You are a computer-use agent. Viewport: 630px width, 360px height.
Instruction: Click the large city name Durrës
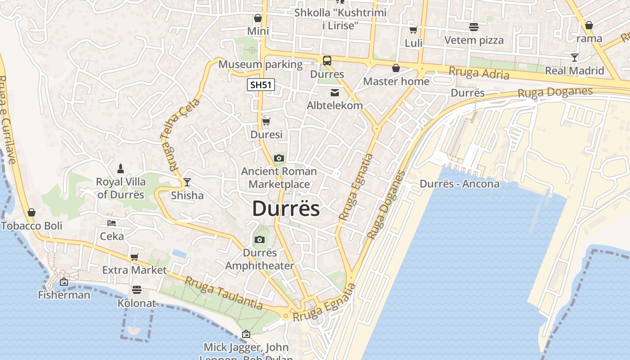(286, 209)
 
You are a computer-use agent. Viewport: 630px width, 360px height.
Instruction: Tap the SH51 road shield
(261, 85)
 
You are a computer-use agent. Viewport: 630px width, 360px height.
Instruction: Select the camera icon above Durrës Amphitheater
(259, 239)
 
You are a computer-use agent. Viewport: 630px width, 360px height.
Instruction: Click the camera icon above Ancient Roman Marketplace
(279, 158)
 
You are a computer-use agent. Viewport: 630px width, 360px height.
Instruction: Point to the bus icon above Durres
(327, 60)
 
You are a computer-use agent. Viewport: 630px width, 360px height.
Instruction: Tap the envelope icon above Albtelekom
(335, 93)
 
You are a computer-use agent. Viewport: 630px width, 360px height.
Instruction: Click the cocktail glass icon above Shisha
(187, 182)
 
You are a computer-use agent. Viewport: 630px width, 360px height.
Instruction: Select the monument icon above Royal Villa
(121, 169)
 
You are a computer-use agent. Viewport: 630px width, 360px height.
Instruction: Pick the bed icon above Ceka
(112, 223)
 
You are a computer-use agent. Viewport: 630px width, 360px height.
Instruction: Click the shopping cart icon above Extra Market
(134, 257)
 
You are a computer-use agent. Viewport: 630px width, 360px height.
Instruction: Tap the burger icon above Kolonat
(137, 290)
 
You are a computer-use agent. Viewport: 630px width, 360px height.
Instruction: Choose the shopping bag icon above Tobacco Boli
(31, 212)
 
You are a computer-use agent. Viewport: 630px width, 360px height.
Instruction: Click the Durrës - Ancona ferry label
(459, 184)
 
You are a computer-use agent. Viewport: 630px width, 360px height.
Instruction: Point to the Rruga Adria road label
(479, 73)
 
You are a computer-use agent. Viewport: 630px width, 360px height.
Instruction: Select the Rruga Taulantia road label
(224, 293)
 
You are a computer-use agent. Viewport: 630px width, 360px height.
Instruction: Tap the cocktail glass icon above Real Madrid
(575, 57)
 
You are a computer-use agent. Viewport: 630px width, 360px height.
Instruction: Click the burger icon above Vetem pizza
(474, 27)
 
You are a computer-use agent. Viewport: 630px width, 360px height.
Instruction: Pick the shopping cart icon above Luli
(413, 30)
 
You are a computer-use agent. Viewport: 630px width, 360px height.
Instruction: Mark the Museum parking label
(261, 64)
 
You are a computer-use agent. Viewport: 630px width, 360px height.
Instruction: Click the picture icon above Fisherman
(64, 282)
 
